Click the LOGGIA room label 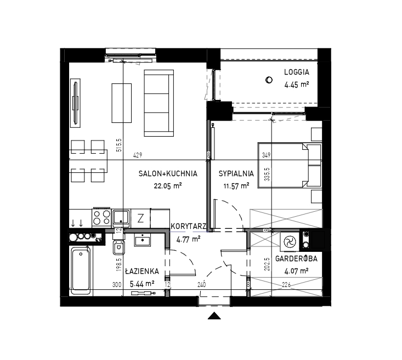(x=296, y=72)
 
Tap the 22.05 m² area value (x=168, y=185)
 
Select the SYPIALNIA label (x=236, y=174)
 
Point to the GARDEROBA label (x=296, y=258)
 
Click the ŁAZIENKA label (x=142, y=271)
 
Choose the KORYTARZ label (x=189, y=226)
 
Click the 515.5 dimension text (x=119, y=145)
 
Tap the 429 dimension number (x=138, y=155)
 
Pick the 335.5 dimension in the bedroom (x=268, y=175)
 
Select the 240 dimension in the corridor (x=202, y=285)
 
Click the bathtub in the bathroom (x=81, y=271)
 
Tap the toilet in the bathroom (x=118, y=248)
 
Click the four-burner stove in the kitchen (x=101, y=217)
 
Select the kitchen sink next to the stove (x=121, y=218)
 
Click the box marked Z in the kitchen (x=140, y=218)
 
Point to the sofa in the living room (x=159, y=103)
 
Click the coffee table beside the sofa (x=122, y=103)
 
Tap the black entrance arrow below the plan (x=214, y=316)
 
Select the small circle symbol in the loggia (x=269, y=80)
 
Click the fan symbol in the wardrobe (x=290, y=241)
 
